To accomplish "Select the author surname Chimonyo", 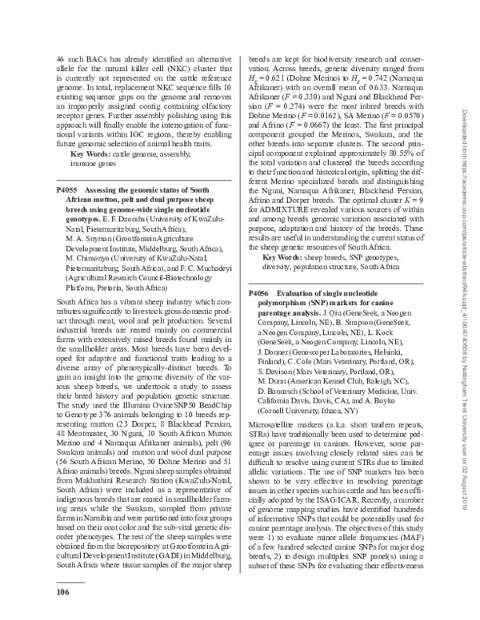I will (x=90, y=260).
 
